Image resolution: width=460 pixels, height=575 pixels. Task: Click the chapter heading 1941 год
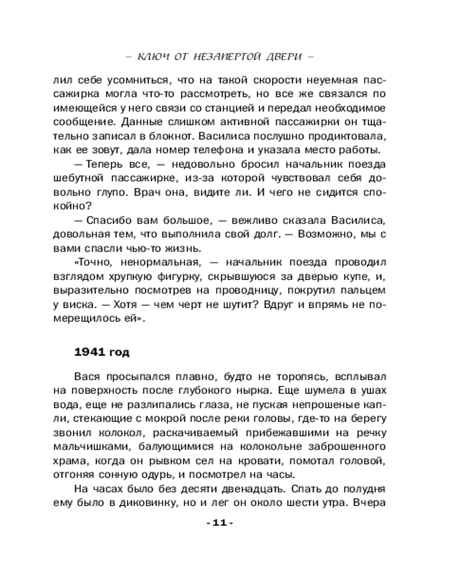point(104,351)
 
